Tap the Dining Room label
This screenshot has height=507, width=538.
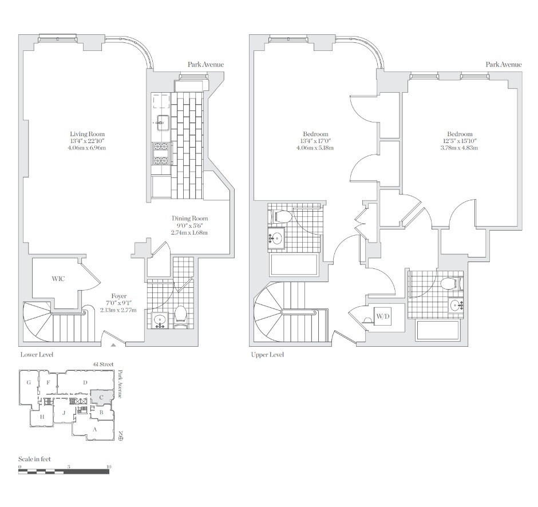(190, 219)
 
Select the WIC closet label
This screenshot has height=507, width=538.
(58, 279)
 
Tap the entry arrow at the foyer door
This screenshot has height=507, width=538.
(113, 345)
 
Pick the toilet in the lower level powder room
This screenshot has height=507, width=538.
(181, 315)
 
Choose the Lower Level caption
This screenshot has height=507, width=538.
(37, 355)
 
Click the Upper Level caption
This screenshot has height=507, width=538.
(267, 355)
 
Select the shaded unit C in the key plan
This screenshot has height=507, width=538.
(101, 397)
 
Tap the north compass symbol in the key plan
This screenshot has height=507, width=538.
(120, 438)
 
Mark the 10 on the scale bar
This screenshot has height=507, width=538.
(108, 466)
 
